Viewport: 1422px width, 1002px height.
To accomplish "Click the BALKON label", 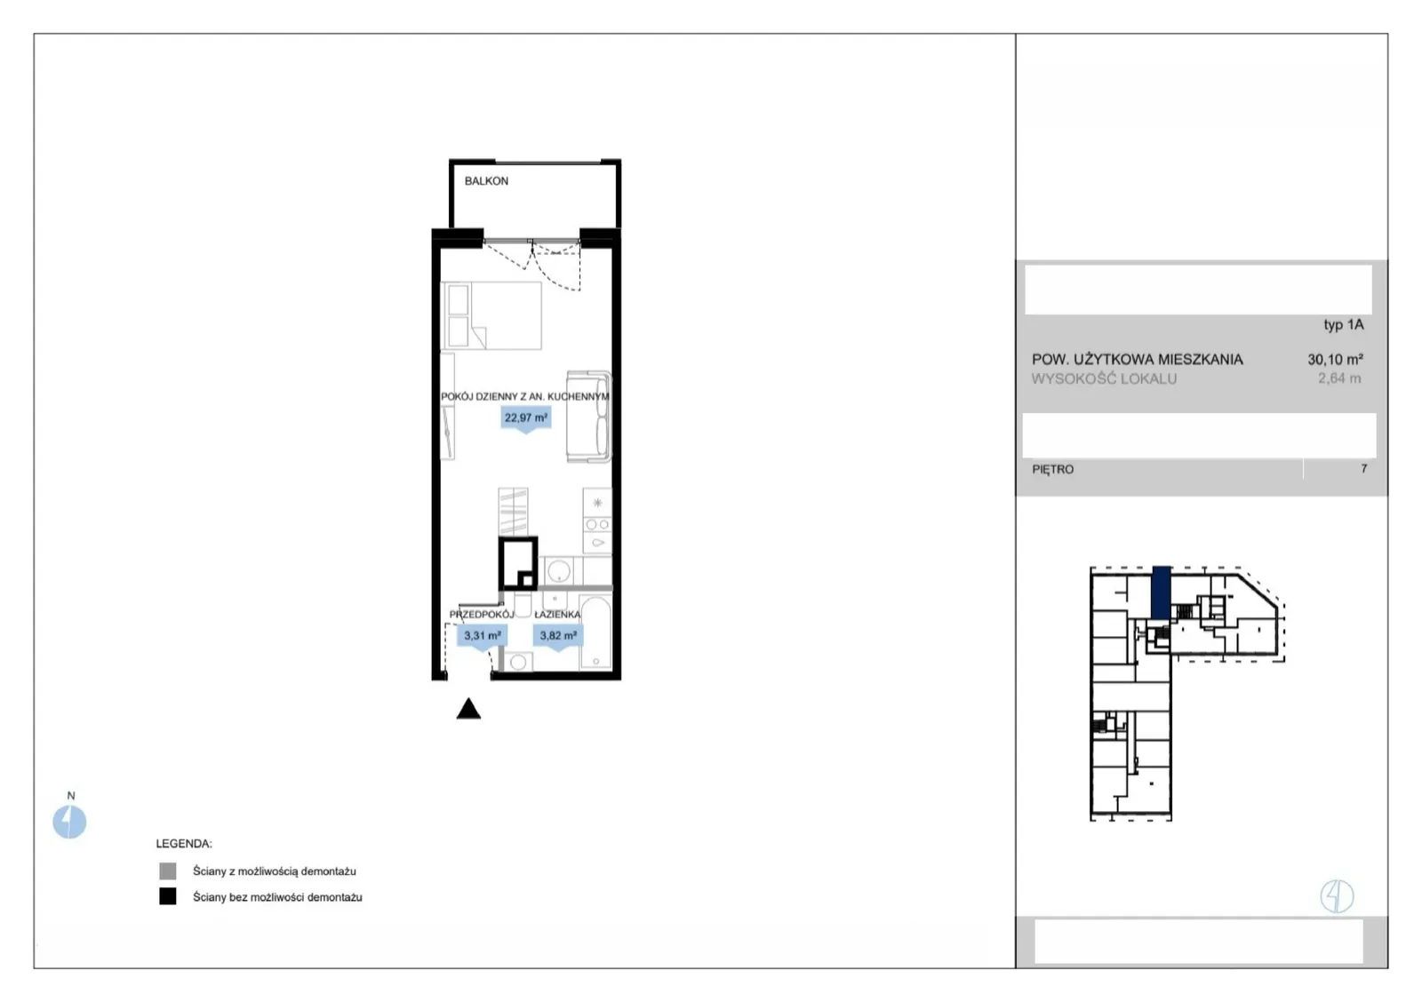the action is (x=486, y=181).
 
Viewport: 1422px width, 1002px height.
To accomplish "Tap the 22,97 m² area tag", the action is (x=525, y=418).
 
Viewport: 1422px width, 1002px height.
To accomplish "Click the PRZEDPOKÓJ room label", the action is (x=482, y=615).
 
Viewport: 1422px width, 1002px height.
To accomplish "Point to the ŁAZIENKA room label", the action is (x=557, y=615).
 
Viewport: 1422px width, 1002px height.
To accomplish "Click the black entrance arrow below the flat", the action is (x=468, y=708).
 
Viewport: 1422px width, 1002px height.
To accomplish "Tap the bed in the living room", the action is (x=492, y=315).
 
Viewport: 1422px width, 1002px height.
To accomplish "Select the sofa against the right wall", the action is (x=588, y=416).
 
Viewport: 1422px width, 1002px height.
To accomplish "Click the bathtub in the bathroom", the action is (x=596, y=633).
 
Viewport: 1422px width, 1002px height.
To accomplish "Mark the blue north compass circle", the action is (x=69, y=822).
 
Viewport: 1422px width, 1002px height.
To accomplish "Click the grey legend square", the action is (x=168, y=871).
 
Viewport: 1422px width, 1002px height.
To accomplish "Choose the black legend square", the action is (x=168, y=896).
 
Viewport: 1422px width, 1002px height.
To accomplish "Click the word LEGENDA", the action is (x=184, y=843).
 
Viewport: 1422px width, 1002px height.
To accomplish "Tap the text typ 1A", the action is (x=1343, y=324).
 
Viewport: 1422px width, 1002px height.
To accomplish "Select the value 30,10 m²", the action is (x=1335, y=359).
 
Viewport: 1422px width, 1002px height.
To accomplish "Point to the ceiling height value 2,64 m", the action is (x=1339, y=378).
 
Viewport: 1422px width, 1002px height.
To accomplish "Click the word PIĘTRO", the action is (x=1053, y=470).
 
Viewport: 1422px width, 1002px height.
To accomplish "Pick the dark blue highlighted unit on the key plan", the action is (x=1162, y=592).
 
